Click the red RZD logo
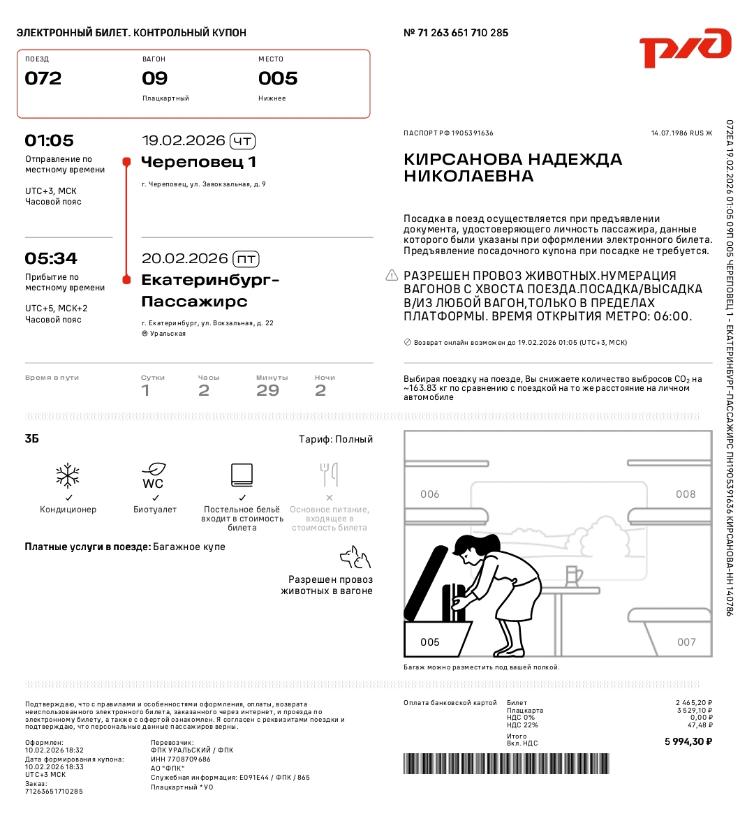(685, 47)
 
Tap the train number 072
(43, 78)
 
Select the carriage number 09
(154, 78)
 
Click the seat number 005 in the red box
(278, 78)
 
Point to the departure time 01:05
(49, 140)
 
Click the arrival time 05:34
(50, 258)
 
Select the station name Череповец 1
(199, 162)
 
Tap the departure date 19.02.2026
(183, 140)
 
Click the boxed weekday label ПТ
(246, 259)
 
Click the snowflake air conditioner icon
(68, 475)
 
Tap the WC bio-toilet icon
(154, 475)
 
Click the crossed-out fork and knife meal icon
(329, 475)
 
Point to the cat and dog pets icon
(355, 558)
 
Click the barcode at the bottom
(506, 763)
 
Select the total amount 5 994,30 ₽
(688, 741)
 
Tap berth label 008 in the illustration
(686, 494)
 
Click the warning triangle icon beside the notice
(392, 275)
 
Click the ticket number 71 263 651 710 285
(462, 33)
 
